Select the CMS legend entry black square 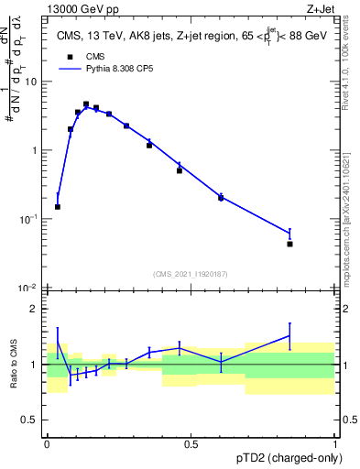(68, 56)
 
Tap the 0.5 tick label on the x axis (191, 445)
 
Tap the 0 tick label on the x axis (47, 445)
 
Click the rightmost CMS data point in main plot (289, 244)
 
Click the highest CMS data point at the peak (86, 104)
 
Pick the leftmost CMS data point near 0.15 (58, 207)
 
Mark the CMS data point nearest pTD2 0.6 (221, 198)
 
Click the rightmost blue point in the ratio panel (289, 336)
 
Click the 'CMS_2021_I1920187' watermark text (191, 274)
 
